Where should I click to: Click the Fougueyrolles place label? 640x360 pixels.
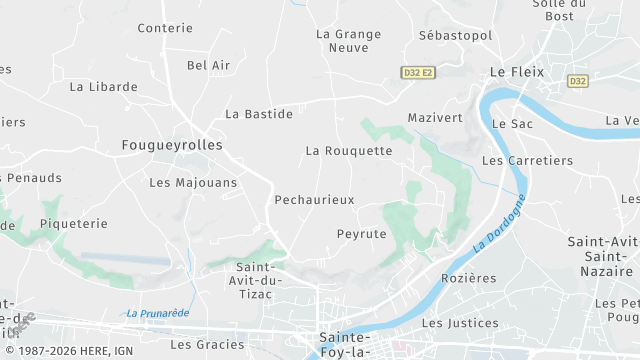171,145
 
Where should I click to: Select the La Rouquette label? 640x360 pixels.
349,151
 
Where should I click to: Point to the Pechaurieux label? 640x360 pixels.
314,200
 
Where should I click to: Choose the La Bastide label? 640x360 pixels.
259,114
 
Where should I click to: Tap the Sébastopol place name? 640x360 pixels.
455,35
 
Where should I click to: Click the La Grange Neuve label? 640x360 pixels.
348,40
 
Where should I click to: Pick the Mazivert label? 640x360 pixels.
435,118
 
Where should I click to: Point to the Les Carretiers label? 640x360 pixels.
527,160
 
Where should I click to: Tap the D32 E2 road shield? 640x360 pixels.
419,73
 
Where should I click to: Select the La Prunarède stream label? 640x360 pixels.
158,313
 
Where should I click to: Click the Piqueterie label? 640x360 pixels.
73,224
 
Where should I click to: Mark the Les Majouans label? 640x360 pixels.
193,183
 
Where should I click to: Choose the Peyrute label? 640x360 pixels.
361,233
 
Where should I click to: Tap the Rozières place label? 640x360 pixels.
468,278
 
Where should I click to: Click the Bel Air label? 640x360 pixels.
208,65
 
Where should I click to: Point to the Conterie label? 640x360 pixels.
164,28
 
